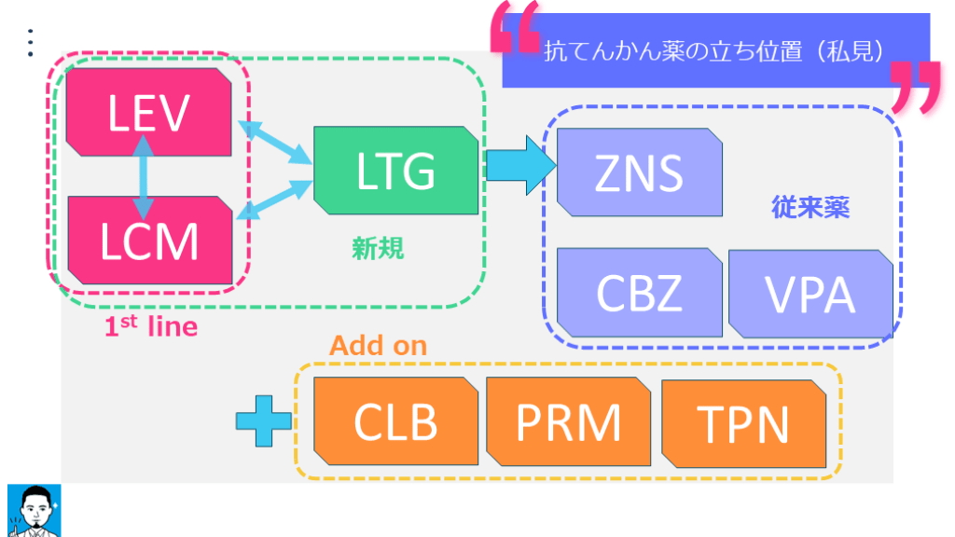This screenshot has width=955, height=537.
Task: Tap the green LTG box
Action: [395, 169]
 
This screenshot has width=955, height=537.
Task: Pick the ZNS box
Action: [639, 172]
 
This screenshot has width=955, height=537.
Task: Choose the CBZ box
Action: [639, 292]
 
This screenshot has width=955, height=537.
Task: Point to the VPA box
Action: [810, 294]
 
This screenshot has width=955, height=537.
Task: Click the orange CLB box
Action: [395, 421]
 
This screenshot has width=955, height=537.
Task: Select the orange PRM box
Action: [568, 421]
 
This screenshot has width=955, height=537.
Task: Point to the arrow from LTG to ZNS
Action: [519, 166]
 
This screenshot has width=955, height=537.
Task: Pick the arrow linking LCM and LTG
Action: [275, 198]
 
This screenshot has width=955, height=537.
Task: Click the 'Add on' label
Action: [378, 346]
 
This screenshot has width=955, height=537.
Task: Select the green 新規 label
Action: [378, 248]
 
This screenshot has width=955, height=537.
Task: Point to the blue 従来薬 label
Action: [810, 207]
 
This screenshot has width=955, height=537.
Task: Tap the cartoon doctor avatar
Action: [34, 510]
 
